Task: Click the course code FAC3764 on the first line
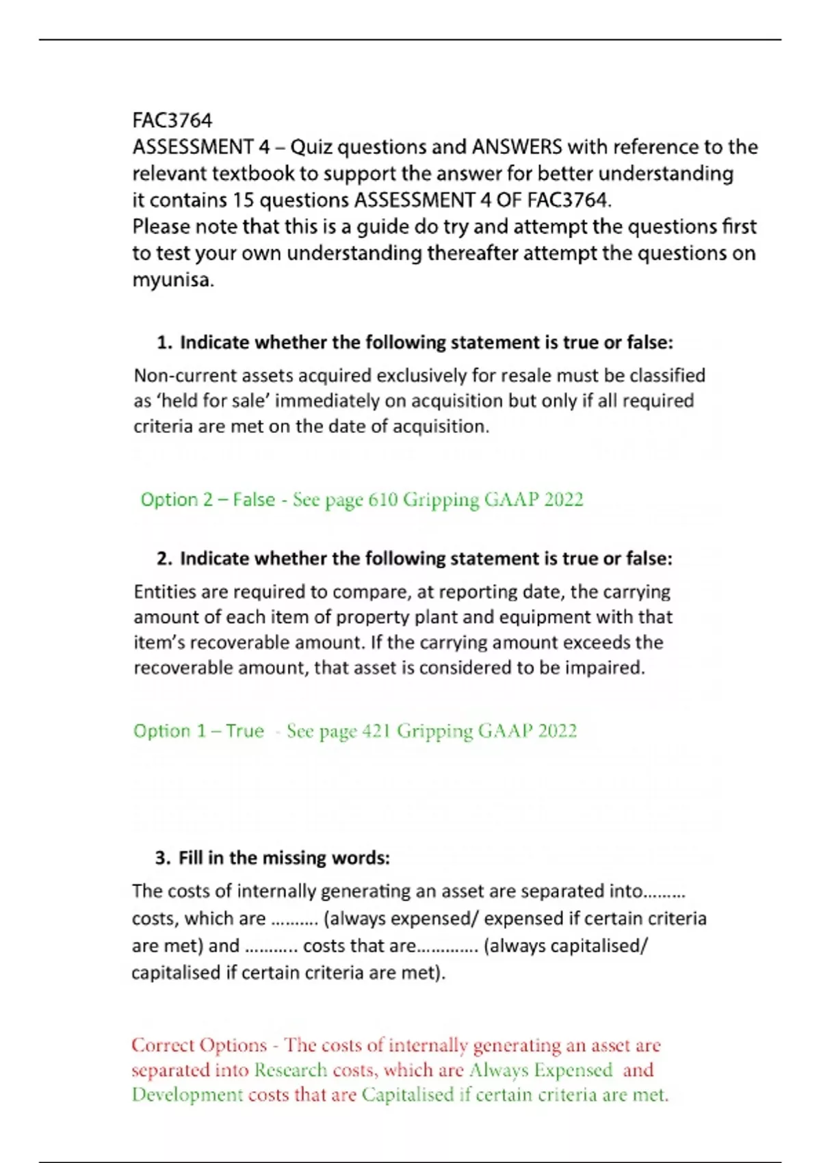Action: (x=172, y=120)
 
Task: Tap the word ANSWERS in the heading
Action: (x=517, y=147)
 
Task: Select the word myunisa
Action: (x=173, y=280)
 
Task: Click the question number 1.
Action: (x=164, y=343)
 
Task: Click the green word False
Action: (x=254, y=500)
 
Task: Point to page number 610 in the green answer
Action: (x=382, y=500)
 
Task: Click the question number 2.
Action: (x=164, y=559)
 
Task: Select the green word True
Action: (x=245, y=731)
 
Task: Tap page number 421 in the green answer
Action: (x=376, y=731)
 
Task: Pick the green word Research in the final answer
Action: (x=291, y=1070)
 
